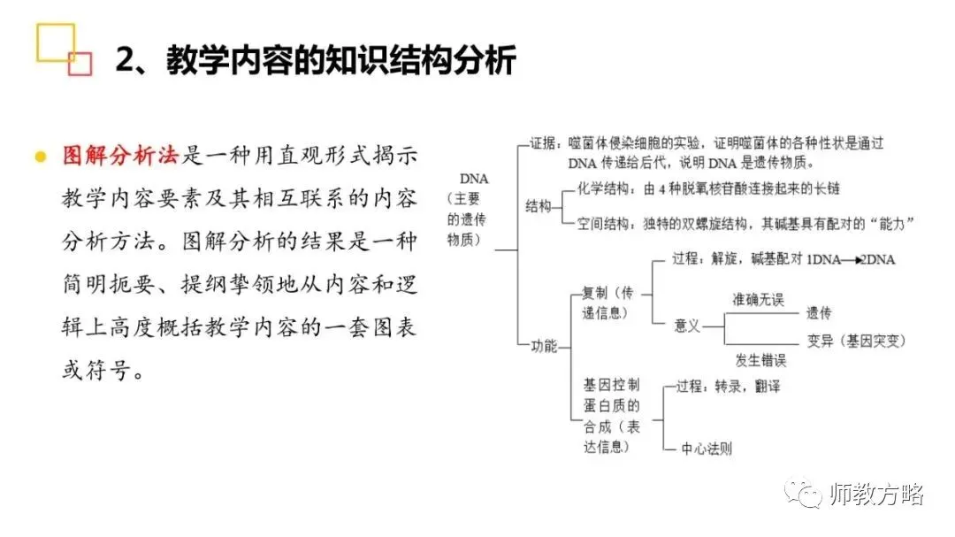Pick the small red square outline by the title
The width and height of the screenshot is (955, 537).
click(80, 63)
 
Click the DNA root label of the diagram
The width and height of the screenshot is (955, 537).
click(474, 179)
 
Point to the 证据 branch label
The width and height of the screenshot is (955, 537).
click(543, 142)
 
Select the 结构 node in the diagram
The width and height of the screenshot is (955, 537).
click(539, 206)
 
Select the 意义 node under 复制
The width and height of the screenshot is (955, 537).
click(687, 326)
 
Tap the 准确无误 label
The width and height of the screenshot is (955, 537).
click(758, 300)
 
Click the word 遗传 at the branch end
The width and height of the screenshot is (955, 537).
click(818, 313)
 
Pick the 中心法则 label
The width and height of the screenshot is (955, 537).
click(707, 449)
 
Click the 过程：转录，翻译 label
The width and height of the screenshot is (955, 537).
click(728, 387)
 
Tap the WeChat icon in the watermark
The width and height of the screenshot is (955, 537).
click(806, 494)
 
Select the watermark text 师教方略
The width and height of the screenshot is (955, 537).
click(877, 495)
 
